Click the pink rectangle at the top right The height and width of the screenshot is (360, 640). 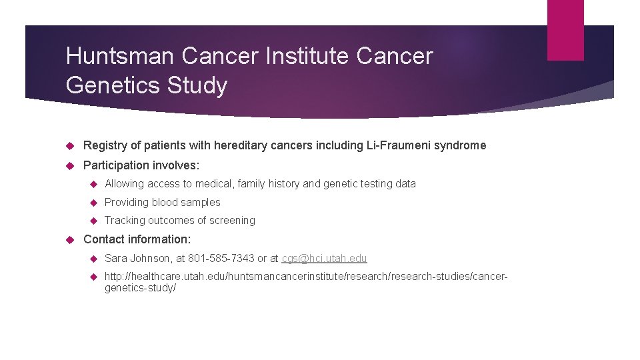pyautogui.click(x=565, y=29)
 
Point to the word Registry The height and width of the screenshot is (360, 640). pyautogui.click(x=104, y=145)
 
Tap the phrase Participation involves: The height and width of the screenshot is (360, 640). pyautogui.click(x=141, y=165)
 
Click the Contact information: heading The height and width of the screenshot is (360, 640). pyautogui.click(x=137, y=239)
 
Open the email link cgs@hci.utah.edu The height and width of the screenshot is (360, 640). pyautogui.click(x=324, y=259)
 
